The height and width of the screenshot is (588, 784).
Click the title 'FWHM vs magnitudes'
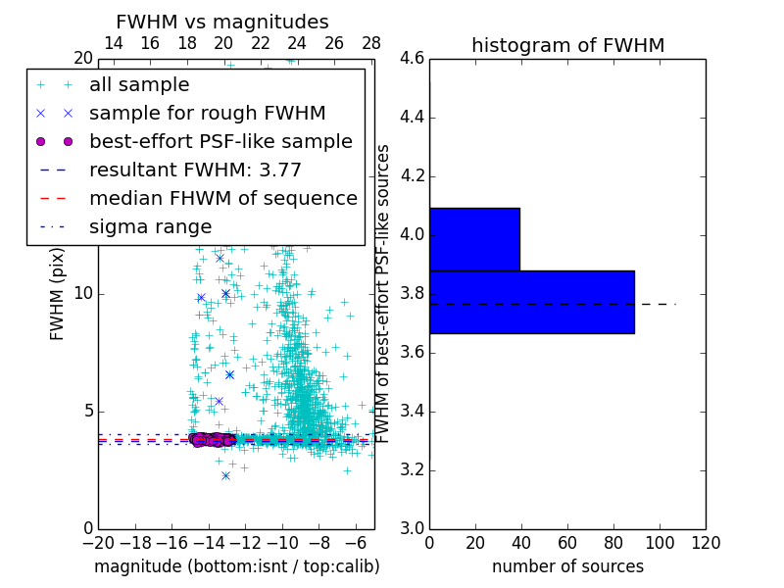coord(222,23)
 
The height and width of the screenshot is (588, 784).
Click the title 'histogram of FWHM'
coord(567,45)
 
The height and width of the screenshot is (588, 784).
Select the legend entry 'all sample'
coord(139,85)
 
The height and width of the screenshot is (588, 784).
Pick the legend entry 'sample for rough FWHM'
coord(207,114)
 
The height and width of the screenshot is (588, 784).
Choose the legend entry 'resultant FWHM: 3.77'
coord(195,171)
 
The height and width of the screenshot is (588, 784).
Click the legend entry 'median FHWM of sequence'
coord(222,199)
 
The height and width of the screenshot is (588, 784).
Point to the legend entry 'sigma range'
coord(150,227)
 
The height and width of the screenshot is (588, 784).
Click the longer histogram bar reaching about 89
coord(531,302)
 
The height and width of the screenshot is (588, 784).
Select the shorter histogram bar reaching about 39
coord(474,239)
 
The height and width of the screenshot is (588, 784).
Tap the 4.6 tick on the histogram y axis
coord(413,59)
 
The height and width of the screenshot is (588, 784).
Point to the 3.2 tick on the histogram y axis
coord(413,470)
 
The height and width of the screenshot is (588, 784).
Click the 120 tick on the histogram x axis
coord(706,543)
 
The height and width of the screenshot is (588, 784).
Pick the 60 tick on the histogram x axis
coord(567,543)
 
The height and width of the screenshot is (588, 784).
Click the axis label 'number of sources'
coord(567,566)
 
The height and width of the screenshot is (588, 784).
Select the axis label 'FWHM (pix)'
coord(57,294)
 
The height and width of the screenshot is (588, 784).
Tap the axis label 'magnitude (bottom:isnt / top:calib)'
coord(236,566)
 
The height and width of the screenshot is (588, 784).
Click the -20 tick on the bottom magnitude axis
coord(98,543)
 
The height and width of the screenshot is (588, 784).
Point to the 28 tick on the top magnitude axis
coord(371,43)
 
